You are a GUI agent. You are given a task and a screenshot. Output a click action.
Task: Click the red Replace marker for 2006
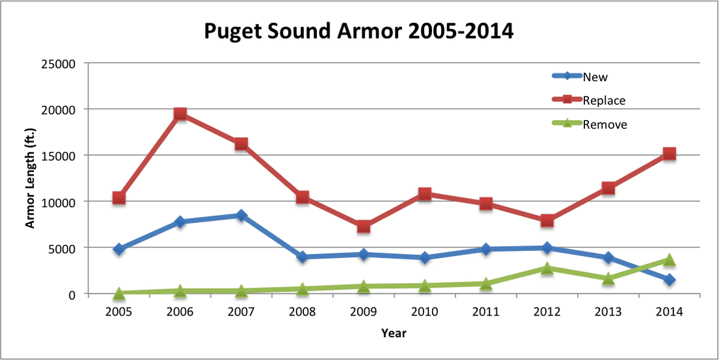tap(180, 114)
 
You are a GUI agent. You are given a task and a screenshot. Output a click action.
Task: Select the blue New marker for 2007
tap(241, 216)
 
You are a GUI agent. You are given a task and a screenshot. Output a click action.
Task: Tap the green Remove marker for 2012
tap(547, 268)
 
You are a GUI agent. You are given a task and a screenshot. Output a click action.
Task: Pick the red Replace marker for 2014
tap(669, 154)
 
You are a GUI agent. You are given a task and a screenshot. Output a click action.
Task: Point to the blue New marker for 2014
tap(669, 280)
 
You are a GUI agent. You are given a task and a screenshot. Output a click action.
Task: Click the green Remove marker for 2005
tap(119, 293)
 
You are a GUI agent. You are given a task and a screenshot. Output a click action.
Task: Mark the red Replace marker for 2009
tap(363, 227)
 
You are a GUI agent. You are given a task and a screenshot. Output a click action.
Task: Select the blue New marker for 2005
tap(119, 249)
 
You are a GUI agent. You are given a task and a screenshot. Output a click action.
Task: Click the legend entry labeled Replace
tap(604, 101)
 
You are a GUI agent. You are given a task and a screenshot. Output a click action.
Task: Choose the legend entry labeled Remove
tap(605, 124)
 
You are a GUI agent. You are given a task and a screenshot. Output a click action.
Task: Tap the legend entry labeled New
tap(595, 77)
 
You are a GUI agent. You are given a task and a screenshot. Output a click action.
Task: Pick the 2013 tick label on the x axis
tap(608, 312)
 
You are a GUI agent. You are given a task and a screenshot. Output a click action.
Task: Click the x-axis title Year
tap(394, 334)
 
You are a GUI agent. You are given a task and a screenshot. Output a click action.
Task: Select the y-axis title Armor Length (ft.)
tap(30, 178)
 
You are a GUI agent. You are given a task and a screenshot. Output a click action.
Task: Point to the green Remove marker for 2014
tap(669, 260)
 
